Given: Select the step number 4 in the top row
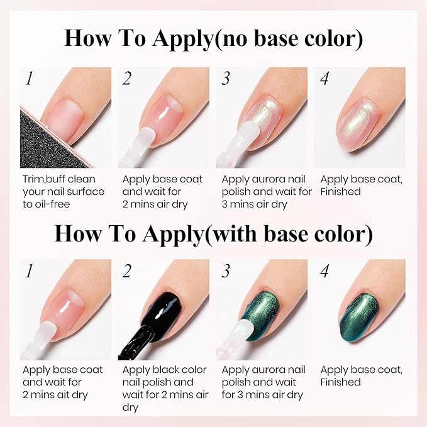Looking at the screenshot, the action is point(324,79).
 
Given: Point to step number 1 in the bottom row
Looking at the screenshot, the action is point(29,271).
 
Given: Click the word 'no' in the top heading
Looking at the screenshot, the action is point(232,38).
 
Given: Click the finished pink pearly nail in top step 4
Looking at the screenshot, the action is point(358,123).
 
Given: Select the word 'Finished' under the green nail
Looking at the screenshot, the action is point(341,382).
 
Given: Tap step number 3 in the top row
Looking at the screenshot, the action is point(226,79).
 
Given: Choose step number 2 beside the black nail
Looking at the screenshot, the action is point(126,271).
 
